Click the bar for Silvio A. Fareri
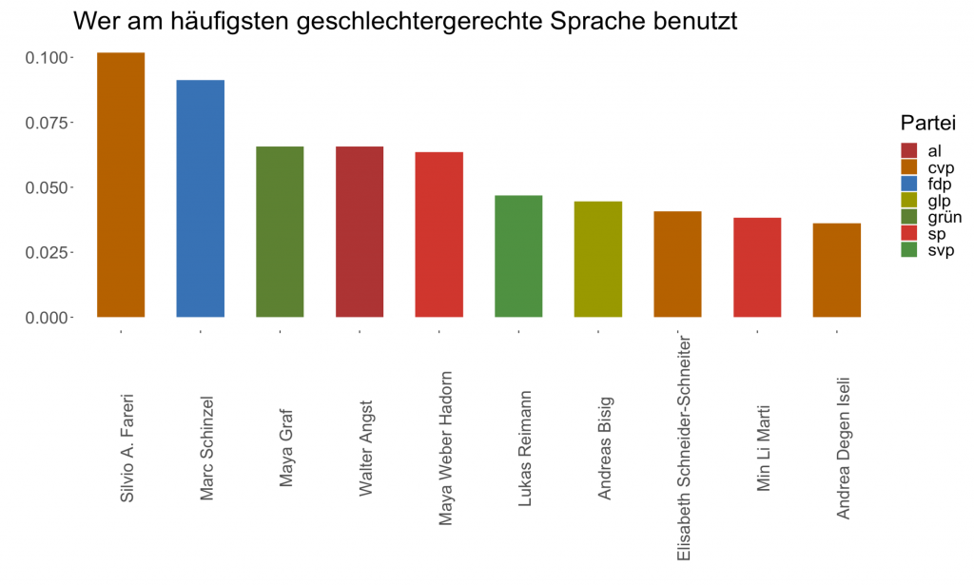pyautogui.click(x=121, y=185)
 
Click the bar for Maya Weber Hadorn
pyautogui.click(x=439, y=234)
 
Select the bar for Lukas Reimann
pyautogui.click(x=518, y=256)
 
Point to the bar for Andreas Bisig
pyautogui.click(x=598, y=259)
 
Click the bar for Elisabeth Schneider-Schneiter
pyautogui.click(x=678, y=264)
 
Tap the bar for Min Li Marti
pyautogui.click(x=757, y=267)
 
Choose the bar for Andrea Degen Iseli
pyautogui.click(x=837, y=270)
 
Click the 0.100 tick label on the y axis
pyautogui.click(x=47, y=58)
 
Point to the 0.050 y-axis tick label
pyautogui.click(x=47, y=187)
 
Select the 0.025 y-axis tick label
pyautogui.click(x=47, y=252)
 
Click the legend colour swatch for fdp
pyautogui.click(x=909, y=184)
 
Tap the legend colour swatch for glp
pyautogui.click(x=909, y=200)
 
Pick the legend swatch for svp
pyautogui.click(x=909, y=250)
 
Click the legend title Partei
pyautogui.click(x=927, y=124)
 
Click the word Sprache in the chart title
pyautogui.click(x=573, y=21)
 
